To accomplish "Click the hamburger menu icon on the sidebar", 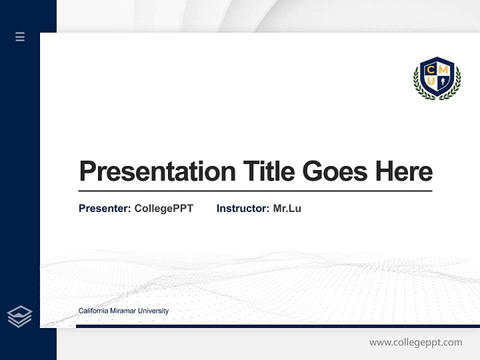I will [x=20, y=36].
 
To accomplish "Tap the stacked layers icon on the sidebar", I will [x=19, y=316].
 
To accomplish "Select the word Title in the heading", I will [x=268, y=171].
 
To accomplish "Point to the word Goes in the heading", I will [x=335, y=171].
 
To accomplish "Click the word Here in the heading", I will [x=403, y=171].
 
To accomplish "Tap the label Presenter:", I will [x=104, y=208].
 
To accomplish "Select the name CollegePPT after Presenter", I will [x=163, y=208].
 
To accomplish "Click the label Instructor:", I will [x=242, y=208].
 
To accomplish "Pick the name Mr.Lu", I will [x=287, y=208].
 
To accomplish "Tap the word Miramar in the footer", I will [x=122, y=311].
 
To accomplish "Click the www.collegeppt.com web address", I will [x=415, y=342].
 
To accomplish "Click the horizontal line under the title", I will [x=255, y=191].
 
